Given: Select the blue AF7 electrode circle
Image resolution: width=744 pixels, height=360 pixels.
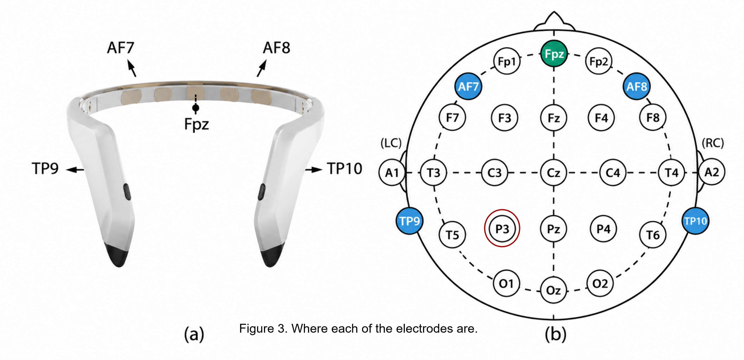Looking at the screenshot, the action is pyautogui.click(x=468, y=86).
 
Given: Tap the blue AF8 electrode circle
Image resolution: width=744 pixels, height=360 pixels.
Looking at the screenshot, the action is pyautogui.click(x=637, y=86).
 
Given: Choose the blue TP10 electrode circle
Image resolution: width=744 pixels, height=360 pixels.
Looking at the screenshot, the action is pyautogui.click(x=695, y=221).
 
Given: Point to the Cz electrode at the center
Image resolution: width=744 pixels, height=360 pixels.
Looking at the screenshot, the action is pyautogui.click(x=554, y=173).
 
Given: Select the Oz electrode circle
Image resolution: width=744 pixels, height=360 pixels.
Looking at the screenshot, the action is pyautogui.click(x=554, y=290).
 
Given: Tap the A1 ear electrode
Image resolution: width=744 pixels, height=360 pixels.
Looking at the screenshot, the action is pyautogui.click(x=392, y=173).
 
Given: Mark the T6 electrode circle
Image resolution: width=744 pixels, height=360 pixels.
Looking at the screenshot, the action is pyautogui.click(x=653, y=235).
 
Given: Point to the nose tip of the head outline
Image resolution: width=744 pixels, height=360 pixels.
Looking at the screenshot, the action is pyautogui.click(x=554, y=12).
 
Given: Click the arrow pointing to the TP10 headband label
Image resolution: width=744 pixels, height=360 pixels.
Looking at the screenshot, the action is pyautogui.click(x=314, y=169).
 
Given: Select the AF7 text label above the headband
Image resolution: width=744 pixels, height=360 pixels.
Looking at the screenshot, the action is pyautogui.click(x=121, y=48).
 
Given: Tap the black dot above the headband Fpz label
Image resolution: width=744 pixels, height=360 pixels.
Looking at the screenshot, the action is pyautogui.click(x=195, y=108).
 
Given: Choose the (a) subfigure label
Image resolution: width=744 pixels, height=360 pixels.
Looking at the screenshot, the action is pyautogui.click(x=194, y=335).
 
